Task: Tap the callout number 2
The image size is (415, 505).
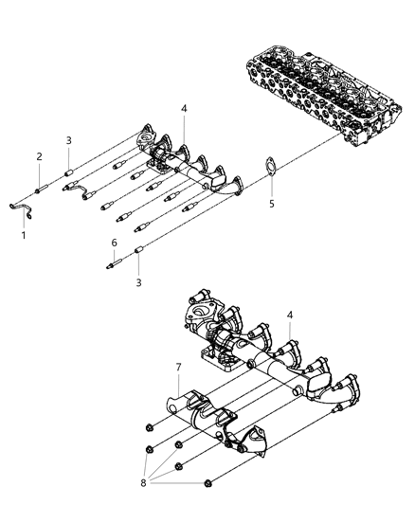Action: click(39, 156)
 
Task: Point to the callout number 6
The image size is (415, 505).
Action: click(115, 244)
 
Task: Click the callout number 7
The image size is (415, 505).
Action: click(178, 367)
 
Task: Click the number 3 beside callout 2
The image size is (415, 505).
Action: click(68, 141)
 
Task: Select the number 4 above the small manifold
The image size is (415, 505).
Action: click(184, 109)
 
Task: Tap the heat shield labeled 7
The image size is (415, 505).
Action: click(204, 417)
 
